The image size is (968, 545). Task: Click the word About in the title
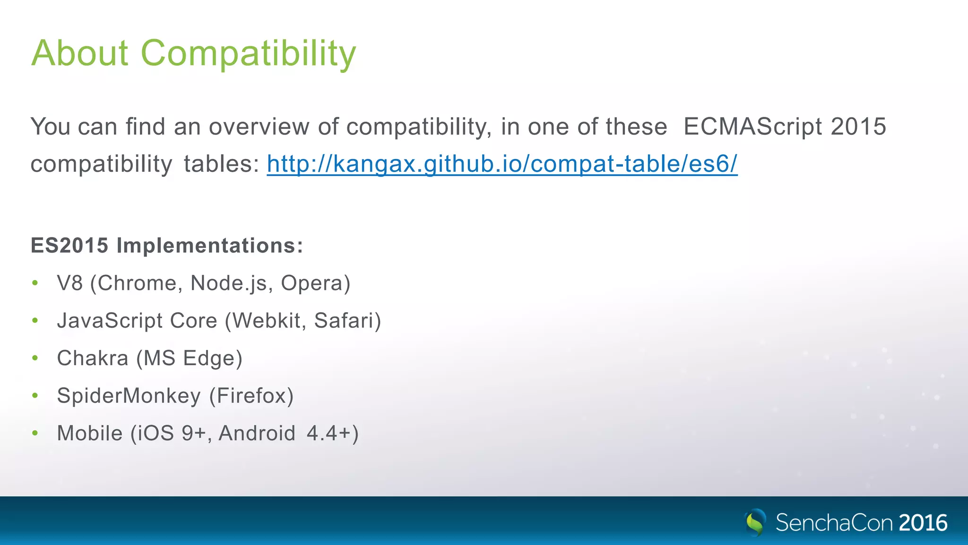[79, 53]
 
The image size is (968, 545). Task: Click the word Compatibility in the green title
[248, 53]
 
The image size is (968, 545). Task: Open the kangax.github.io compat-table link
[502, 164]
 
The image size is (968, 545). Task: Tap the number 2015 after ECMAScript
[858, 127]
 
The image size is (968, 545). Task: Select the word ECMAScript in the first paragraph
[753, 127]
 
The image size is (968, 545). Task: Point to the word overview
[259, 127]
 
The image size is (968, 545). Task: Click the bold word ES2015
[69, 246]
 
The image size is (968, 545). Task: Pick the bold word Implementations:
[210, 246]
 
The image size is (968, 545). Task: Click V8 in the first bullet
[69, 283]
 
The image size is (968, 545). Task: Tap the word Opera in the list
[312, 283]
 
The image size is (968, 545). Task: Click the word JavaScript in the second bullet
[110, 321]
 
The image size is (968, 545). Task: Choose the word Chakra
[93, 358]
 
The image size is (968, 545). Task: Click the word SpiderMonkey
[129, 396]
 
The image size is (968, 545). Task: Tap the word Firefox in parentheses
[251, 396]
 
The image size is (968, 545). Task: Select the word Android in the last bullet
[257, 433]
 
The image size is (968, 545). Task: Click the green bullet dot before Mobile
[35, 433]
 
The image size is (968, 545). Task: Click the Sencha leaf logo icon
[755, 522]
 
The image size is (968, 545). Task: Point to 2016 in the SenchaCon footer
[923, 523]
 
